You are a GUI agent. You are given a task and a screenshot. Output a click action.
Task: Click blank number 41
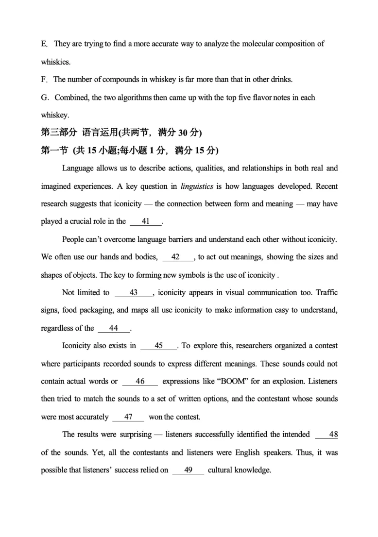(145, 221)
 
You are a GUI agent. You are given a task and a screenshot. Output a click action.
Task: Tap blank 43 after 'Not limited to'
(134, 292)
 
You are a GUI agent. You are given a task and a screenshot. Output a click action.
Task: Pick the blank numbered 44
(114, 328)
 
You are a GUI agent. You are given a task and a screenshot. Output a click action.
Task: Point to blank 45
(158, 346)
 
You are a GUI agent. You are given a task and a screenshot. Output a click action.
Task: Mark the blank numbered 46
(140, 382)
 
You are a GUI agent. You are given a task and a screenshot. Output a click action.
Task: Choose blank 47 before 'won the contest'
(128, 417)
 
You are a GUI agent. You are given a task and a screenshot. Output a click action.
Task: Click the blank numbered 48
(333, 435)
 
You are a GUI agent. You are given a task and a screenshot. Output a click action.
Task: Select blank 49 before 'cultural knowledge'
(188, 470)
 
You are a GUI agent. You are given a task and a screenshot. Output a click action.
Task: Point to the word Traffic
(326, 292)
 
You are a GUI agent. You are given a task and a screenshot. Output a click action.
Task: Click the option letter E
(44, 44)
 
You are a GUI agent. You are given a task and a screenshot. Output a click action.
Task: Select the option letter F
(44, 80)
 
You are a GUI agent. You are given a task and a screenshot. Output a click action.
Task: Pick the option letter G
(44, 98)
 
